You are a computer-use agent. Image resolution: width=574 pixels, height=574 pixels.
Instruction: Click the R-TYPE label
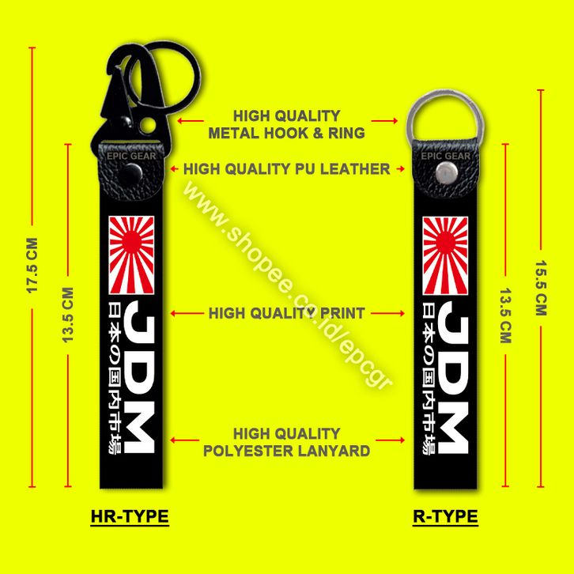point(445,516)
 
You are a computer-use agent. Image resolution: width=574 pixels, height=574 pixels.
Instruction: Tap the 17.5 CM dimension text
point(32,273)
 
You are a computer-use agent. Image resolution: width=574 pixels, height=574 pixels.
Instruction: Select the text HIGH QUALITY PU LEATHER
point(286,168)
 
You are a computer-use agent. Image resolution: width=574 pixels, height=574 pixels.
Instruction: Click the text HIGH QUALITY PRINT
point(286,313)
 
